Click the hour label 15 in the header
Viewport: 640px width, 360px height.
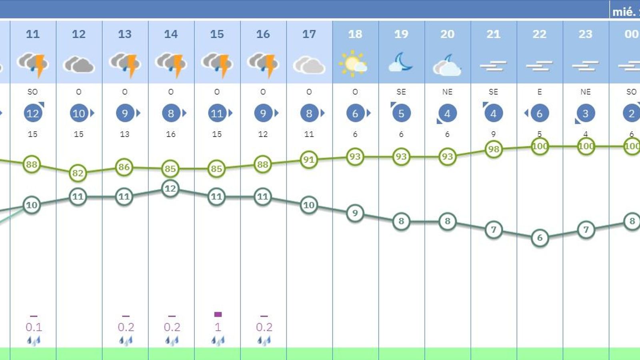point(217,34)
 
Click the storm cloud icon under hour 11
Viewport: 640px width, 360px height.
point(33,64)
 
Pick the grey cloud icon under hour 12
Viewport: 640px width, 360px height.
point(79,64)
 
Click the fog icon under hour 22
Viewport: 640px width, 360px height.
point(539,66)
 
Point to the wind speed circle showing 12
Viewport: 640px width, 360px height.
point(32,114)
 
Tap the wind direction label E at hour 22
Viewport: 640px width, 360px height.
point(539,92)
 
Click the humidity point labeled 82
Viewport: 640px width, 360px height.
point(78,173)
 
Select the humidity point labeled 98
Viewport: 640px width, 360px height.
point(493,149)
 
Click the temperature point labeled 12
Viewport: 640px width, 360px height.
point(170,188)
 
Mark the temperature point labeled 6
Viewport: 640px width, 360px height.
point(540,238)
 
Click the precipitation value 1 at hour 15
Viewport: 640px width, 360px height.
point(218,327)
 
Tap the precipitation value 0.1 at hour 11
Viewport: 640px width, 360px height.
point(34,327)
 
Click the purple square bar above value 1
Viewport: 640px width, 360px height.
point(218,314)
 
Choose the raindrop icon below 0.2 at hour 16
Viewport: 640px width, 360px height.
point(264,341)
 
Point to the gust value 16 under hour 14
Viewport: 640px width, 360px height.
point(171,134)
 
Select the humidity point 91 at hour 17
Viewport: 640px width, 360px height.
point(308,160)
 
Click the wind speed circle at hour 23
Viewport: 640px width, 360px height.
point(585,114)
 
